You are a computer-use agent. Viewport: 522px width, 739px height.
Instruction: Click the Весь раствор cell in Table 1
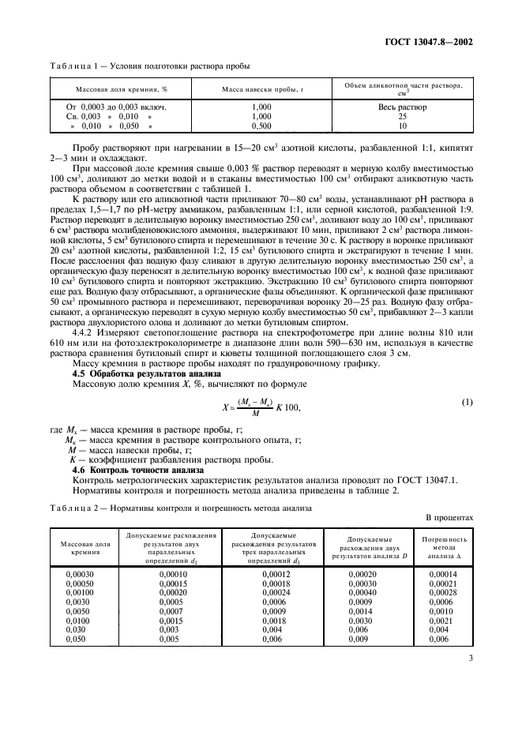[402, 107]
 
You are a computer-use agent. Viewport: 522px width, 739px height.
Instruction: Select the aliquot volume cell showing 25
[402, 116]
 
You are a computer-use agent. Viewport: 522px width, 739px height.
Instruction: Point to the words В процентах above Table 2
[449, 519]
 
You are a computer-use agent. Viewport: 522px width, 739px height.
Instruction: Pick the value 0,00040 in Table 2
[362, 592]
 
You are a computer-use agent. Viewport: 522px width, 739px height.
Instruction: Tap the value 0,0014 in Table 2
[362, 611]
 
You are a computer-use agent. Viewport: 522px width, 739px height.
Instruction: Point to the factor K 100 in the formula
[291, 407]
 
